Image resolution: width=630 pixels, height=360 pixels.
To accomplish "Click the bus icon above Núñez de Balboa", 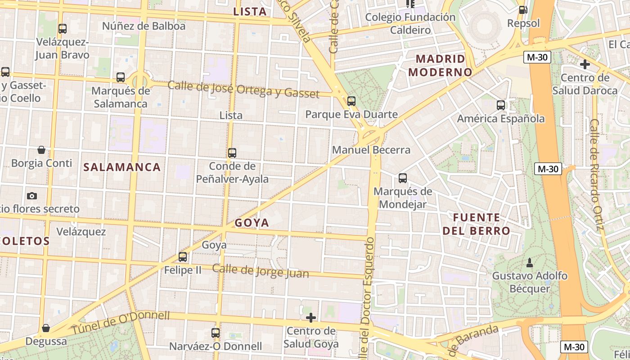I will [x=63, y=29].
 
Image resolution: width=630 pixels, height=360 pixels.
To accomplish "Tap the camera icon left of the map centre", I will [x=32, y=196].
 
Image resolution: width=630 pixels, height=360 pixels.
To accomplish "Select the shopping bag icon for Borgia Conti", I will [x=41, y=149].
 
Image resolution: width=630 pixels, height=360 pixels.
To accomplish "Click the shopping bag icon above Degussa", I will [x=45, y=328].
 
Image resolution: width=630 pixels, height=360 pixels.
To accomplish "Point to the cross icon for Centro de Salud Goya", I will [x=310, y=318].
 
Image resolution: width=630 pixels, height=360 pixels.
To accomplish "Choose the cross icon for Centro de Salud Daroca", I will [x=585, y=64].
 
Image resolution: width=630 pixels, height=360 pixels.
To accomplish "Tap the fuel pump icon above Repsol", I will [x=523, y=9].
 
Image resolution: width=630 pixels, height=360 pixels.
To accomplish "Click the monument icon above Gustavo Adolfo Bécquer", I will [x=530, y=262].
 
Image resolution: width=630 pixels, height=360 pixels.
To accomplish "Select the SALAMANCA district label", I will [x=122, y=167].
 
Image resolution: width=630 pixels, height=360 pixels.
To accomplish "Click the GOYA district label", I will [x=252, y=223].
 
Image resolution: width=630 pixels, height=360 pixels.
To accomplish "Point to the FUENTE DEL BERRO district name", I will [x=477, y=224].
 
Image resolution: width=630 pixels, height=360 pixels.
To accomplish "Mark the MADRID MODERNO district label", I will [x=441, y=65].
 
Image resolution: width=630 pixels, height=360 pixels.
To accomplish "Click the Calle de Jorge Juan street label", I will [x=261, y=271].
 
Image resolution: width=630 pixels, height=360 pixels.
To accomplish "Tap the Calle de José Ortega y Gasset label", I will [x=243, y=89].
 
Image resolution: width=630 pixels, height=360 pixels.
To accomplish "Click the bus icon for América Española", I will [x=501, y=105].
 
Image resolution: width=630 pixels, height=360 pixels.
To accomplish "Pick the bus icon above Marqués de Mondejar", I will [x=403, y=178].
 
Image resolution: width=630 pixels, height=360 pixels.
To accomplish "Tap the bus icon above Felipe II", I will [x=183, y=257].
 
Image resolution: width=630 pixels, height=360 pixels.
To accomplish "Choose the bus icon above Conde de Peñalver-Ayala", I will [x=232, y=153].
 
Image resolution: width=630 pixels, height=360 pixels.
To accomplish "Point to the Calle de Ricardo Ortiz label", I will [x=596, y=175].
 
